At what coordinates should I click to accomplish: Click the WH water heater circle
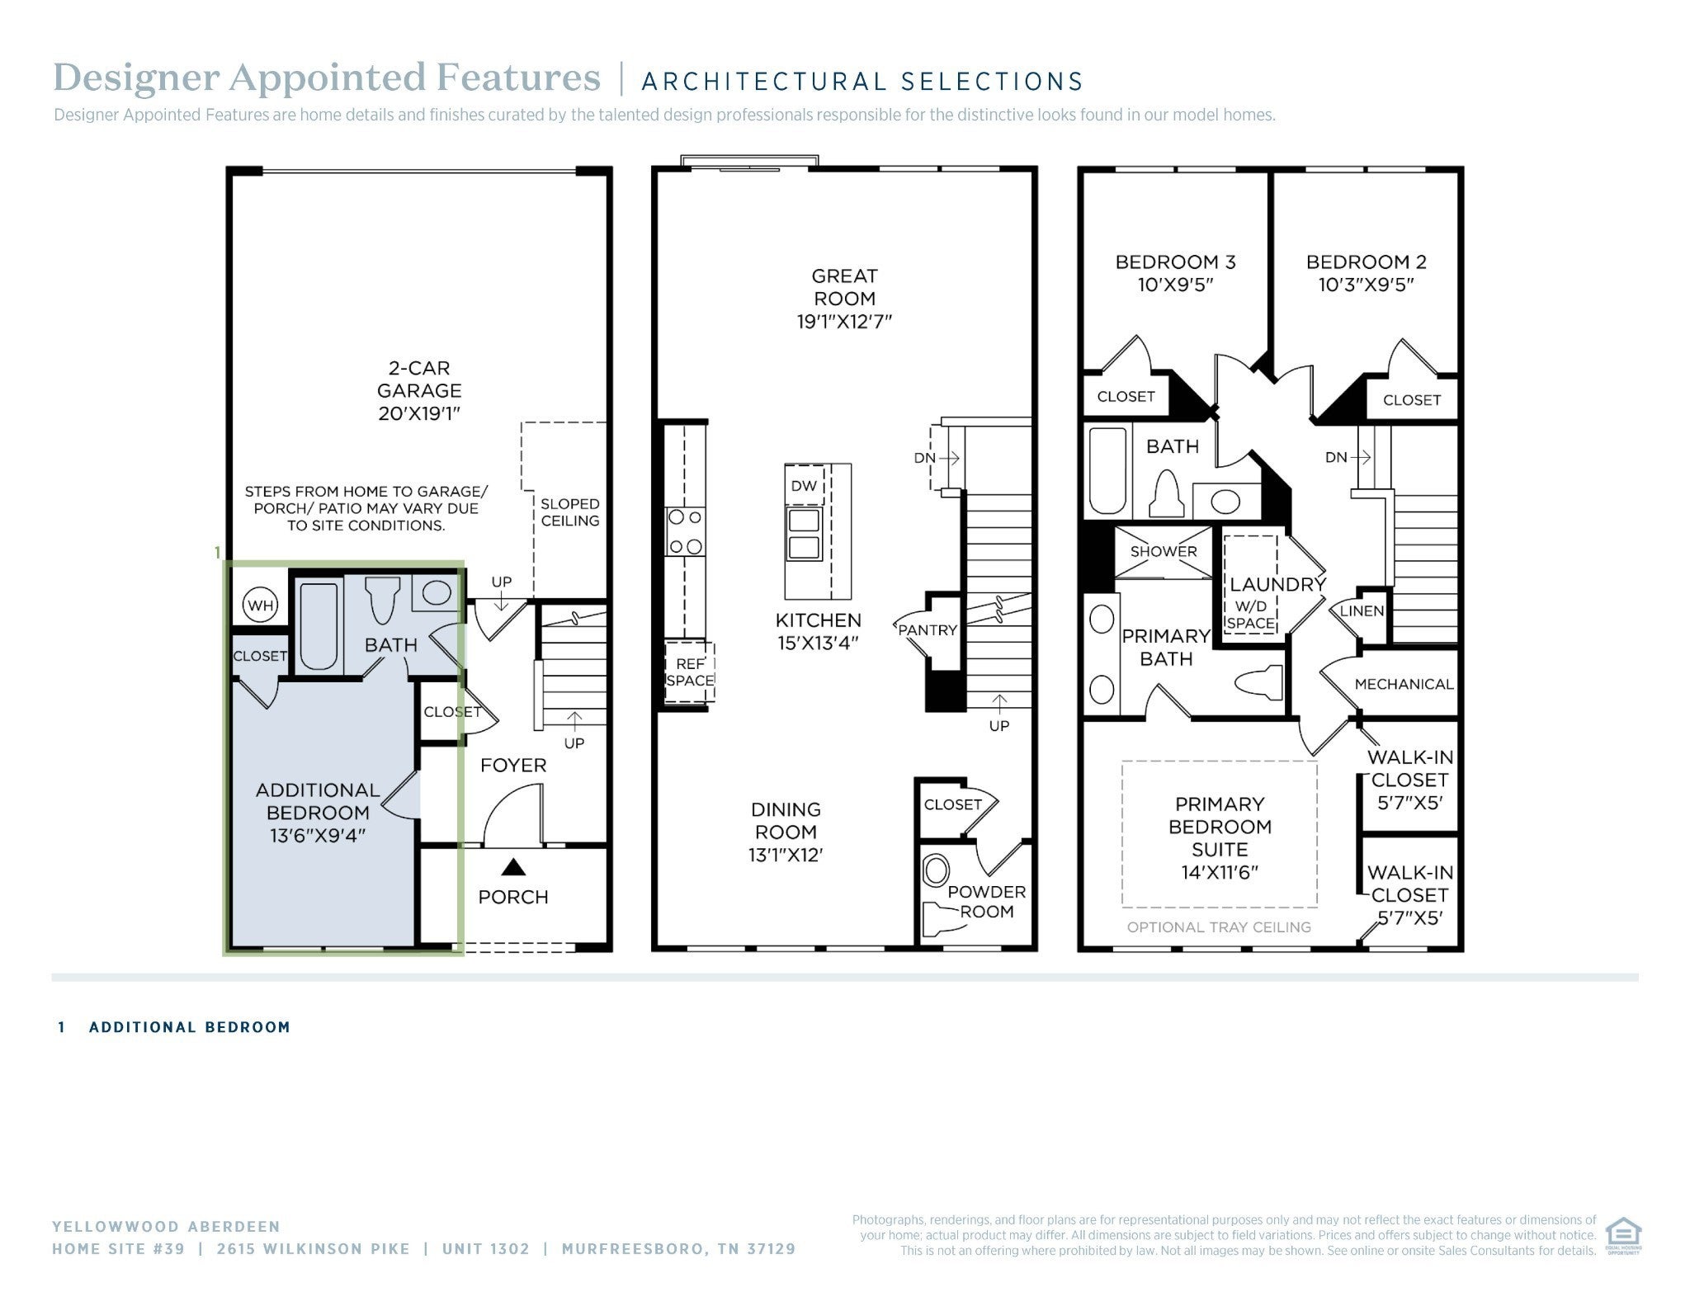(x=260, y=606)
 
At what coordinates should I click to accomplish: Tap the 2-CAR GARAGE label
(x=419, y=380)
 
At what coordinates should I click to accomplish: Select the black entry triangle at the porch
(x=513, y=866)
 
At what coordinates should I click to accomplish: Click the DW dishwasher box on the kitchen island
(x=804, y=486)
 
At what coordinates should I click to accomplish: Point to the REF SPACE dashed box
(x=690, y=672)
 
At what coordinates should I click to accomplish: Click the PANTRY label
(x=928, y=630)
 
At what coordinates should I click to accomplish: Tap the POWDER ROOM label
(x=987, y=902)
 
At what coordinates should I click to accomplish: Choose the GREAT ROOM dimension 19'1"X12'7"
(x=844, y=322)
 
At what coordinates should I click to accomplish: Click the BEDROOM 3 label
(x=1175, y=262)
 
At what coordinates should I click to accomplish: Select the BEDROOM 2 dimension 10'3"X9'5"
(x=1367, y=285)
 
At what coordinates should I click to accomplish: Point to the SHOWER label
(x=1164, y=551)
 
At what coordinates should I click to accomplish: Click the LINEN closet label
(x=1362, y=611)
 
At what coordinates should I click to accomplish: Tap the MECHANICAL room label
(x=1404, y=684)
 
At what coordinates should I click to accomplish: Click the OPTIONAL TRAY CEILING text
(x=1219, y=927)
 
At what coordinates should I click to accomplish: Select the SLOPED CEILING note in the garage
(x=570, y=512)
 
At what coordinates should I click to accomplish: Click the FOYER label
(x=513, y=766)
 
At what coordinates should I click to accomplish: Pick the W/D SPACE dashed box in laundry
(x=1250, y=583)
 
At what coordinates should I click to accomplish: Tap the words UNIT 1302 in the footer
(x=486, y=1249)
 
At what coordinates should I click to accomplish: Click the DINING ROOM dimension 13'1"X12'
(x=786, y=856)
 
